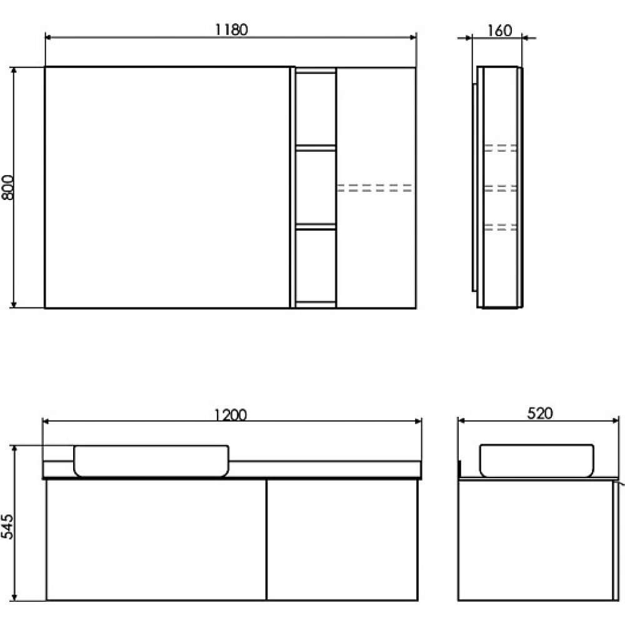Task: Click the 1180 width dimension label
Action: tap(231, 29)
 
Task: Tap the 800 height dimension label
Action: tap(7, 187)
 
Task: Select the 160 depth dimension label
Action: tap(499, 30)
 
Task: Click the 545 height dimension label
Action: tap(7, 526)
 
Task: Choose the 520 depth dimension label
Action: tap(540, 413)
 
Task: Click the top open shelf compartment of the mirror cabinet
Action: tap(315, 108)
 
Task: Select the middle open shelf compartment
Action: tap(315, 187)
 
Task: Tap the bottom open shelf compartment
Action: tap(315, 266)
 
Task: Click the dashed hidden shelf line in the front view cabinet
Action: tap(374, 188)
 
